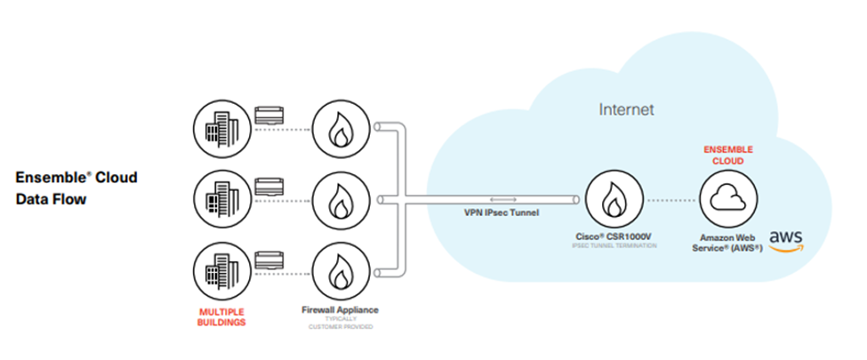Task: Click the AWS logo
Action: pos(787,241)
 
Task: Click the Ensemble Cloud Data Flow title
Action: pos(76,188)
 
